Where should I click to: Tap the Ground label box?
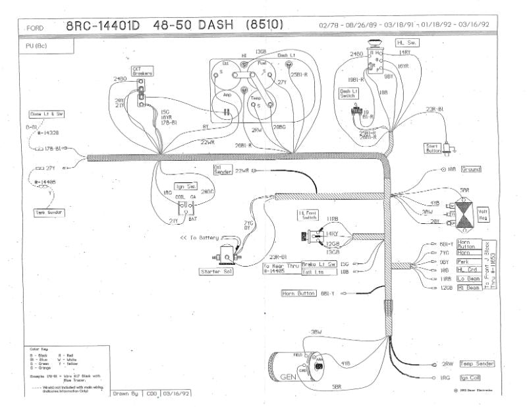(471, 169)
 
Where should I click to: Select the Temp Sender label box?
(478, 364)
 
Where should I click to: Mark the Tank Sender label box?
(49, 213)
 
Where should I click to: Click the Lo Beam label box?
(470, 279)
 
